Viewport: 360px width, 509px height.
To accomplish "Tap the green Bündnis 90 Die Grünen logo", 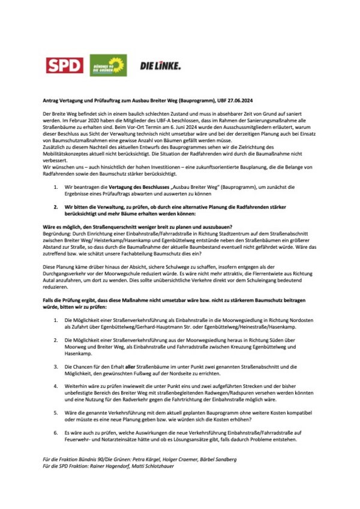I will (108, 65).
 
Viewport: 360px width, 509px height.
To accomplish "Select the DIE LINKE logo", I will (160, 65).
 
